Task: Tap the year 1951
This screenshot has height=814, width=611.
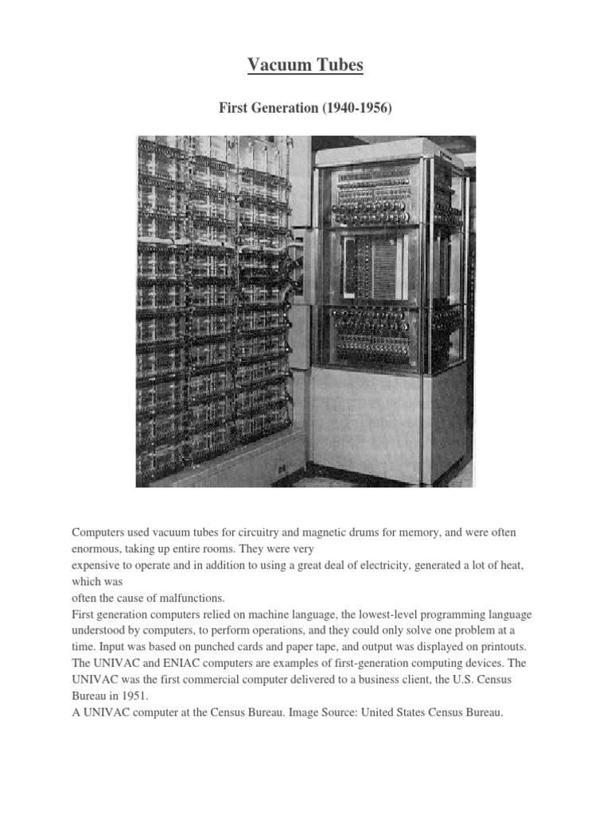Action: pos(134,697)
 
